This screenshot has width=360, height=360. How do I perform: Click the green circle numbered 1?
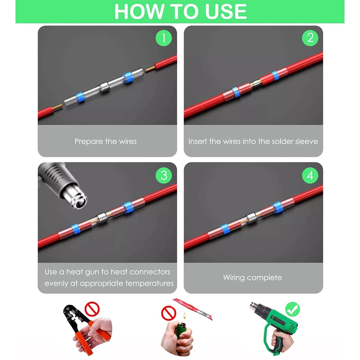tap(164, 38)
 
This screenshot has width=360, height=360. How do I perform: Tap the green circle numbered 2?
tap(310, 38)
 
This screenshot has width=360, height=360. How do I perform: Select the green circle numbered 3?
tap(164, 175)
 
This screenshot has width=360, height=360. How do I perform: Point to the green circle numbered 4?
tap(310, 175)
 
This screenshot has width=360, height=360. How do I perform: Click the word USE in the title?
tap(226, 12)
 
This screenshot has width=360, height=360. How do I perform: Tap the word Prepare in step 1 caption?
tap(89, 141)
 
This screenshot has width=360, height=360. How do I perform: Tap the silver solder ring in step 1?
tap(105, 87)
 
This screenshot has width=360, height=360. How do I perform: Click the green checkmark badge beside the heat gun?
tap(292, 309)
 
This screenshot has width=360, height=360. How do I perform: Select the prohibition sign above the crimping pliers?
tap(92, 309)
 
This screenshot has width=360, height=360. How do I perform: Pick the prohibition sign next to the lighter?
tap(168, 313)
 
